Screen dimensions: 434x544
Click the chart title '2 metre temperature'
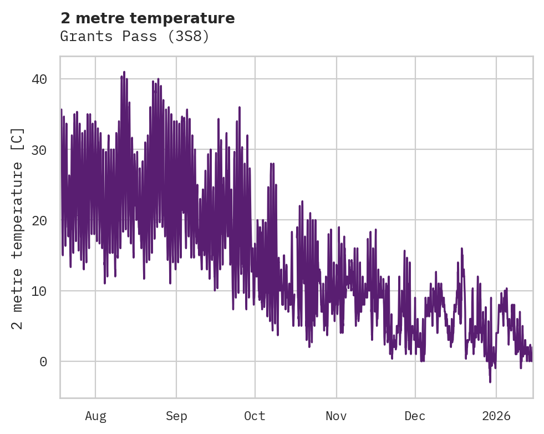(148, 18)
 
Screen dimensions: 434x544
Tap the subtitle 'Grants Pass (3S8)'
(135, 37)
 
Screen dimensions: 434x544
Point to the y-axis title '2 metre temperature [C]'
(18, 228)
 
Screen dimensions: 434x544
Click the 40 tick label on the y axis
(39, 79)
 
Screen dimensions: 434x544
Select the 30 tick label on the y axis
(39, 150)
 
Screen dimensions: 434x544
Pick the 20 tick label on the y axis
(39, 220)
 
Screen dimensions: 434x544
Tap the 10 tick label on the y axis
(39, 291)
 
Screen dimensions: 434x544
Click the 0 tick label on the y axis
(43, 361)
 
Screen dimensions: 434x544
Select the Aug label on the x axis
(95, 416)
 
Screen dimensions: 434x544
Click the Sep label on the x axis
(176, 416)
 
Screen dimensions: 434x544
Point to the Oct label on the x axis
(255, 416)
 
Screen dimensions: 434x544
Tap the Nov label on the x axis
(336, 416)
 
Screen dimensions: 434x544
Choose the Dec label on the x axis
(415, 416)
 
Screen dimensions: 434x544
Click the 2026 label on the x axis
(496, 416)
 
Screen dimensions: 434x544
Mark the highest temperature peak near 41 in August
(124, 72)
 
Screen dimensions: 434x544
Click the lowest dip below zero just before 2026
(490, 381)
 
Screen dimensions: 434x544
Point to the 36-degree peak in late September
(239, 108)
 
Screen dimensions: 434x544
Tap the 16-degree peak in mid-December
(461, 249)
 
